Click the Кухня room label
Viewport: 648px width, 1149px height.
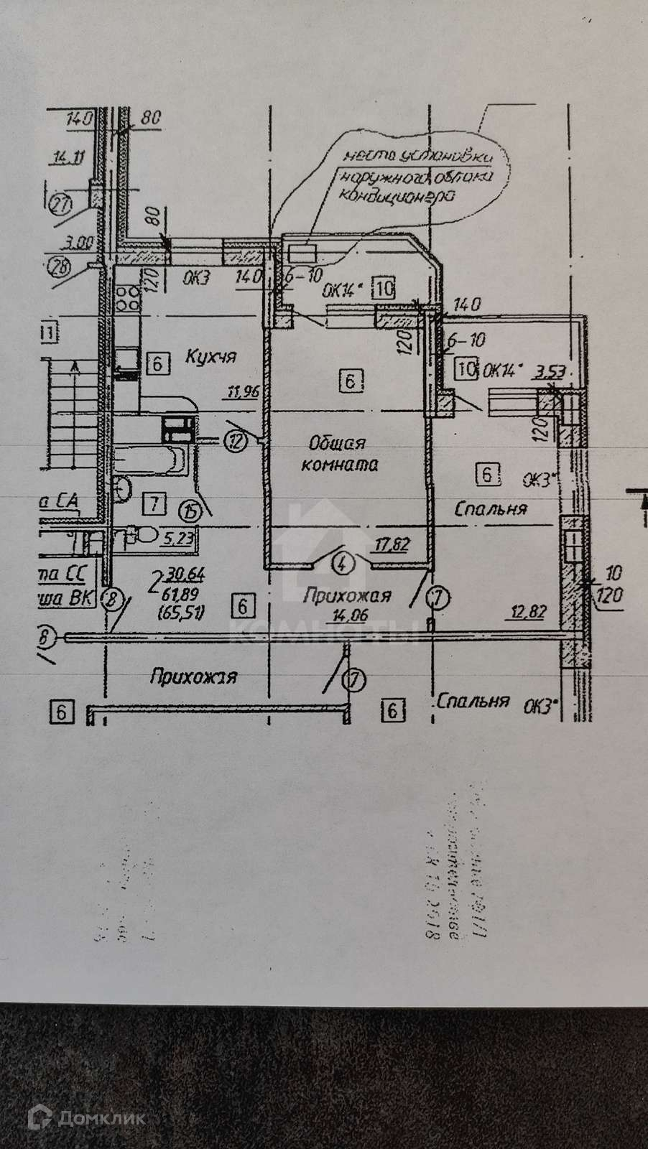[x=211, y=355]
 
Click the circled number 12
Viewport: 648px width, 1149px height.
[x=234, y=439]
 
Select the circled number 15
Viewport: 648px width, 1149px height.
[x=190, y=512]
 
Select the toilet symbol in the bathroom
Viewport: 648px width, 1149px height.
[x=142, y=534]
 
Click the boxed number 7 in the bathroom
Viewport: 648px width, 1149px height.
[x=154, y=504]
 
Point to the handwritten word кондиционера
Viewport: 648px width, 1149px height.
[x=396, y=195]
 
